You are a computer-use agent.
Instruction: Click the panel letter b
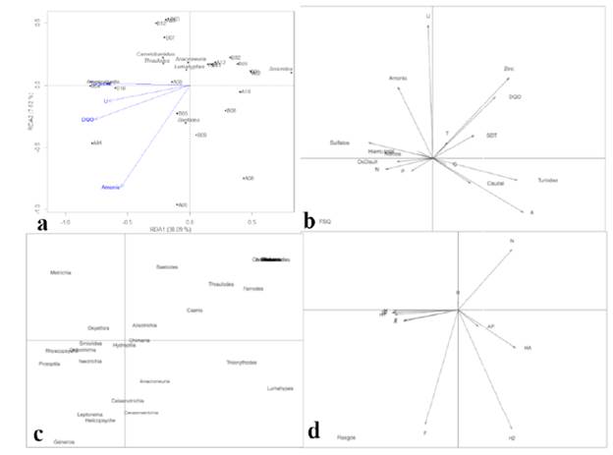[x=310, y=224]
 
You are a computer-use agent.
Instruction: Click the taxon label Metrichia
[x=61, y=272]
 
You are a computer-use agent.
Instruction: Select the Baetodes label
[x=167, y=266]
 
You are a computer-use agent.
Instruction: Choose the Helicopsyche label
[x=100, y=421]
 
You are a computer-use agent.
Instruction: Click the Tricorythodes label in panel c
[x=242, y=363]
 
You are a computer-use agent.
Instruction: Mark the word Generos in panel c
[x=64, y=441]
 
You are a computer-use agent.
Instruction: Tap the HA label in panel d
[x=528, y=347]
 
